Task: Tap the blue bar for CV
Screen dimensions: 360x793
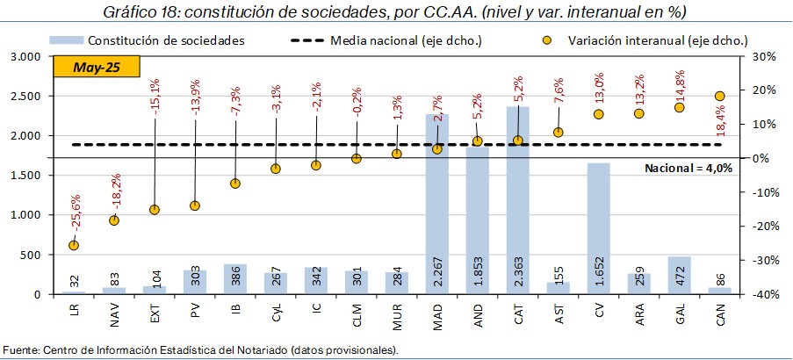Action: pos(599,228)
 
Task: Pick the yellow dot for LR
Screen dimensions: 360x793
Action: pos(73,245)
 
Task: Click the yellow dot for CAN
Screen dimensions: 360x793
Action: pos(719,96)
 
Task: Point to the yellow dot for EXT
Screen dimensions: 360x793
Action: pos(154,210)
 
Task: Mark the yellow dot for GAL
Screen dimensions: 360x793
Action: pos(679,107)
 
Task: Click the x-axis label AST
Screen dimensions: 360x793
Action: pos(559,312)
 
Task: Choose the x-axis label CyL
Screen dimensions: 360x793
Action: pos(275,312)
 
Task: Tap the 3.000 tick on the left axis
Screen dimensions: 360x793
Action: pos(26,56)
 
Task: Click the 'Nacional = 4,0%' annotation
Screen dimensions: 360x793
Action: pos(688,168)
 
